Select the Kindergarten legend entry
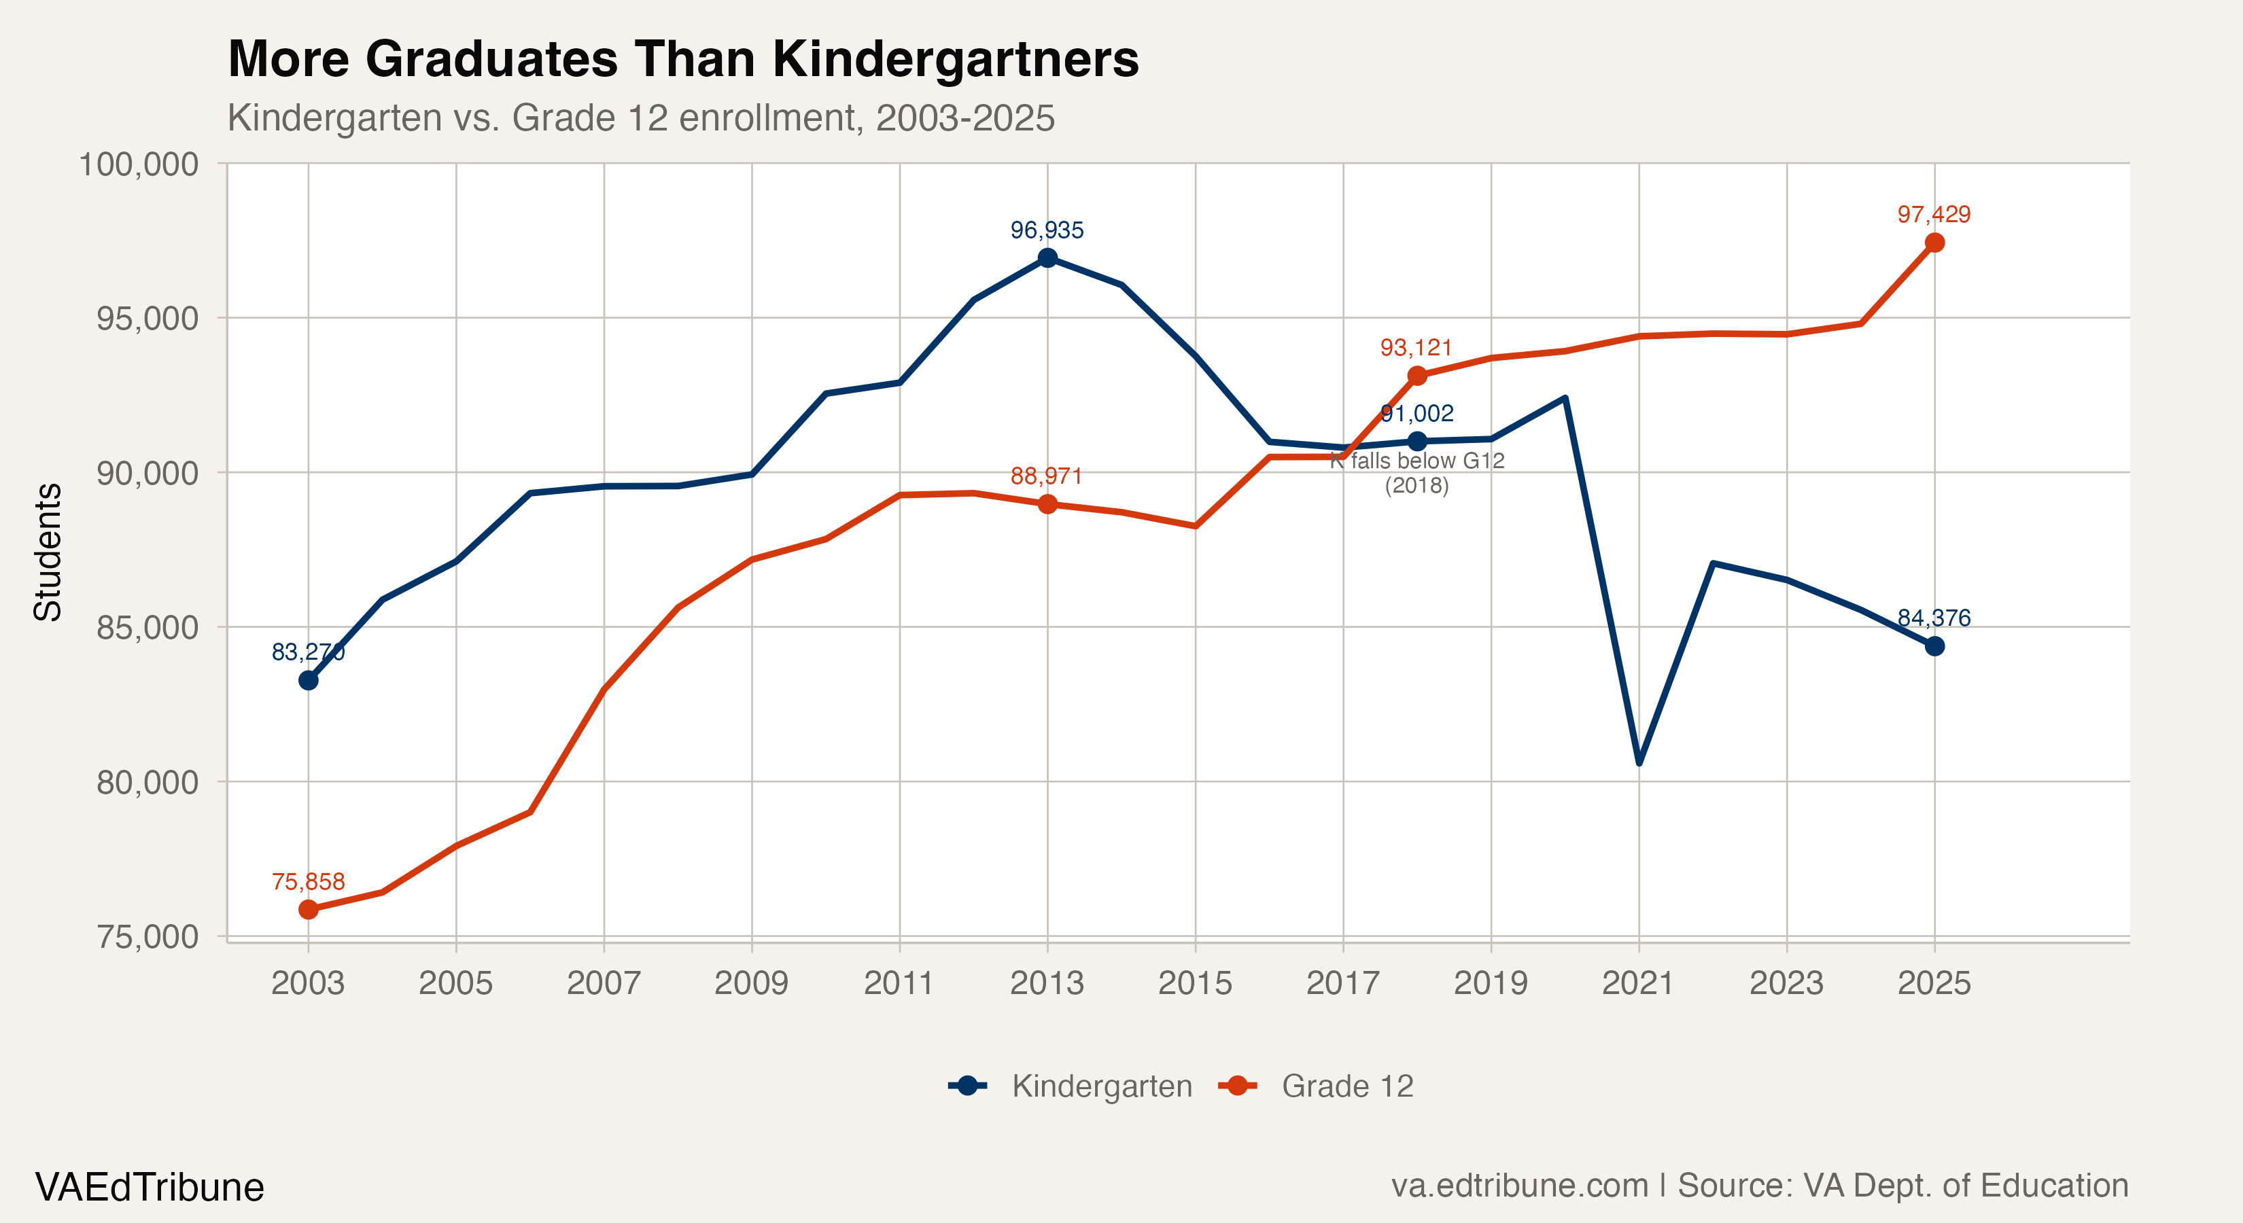(1071, 1086)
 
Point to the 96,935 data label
(1047, 230)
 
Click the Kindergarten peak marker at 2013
(1047, 258)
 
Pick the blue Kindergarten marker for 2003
(308, 680)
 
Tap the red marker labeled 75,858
(308, 909)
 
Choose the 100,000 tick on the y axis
(139, 164)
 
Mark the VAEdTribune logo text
(150, 1187)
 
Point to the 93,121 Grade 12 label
(1416, 347)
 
